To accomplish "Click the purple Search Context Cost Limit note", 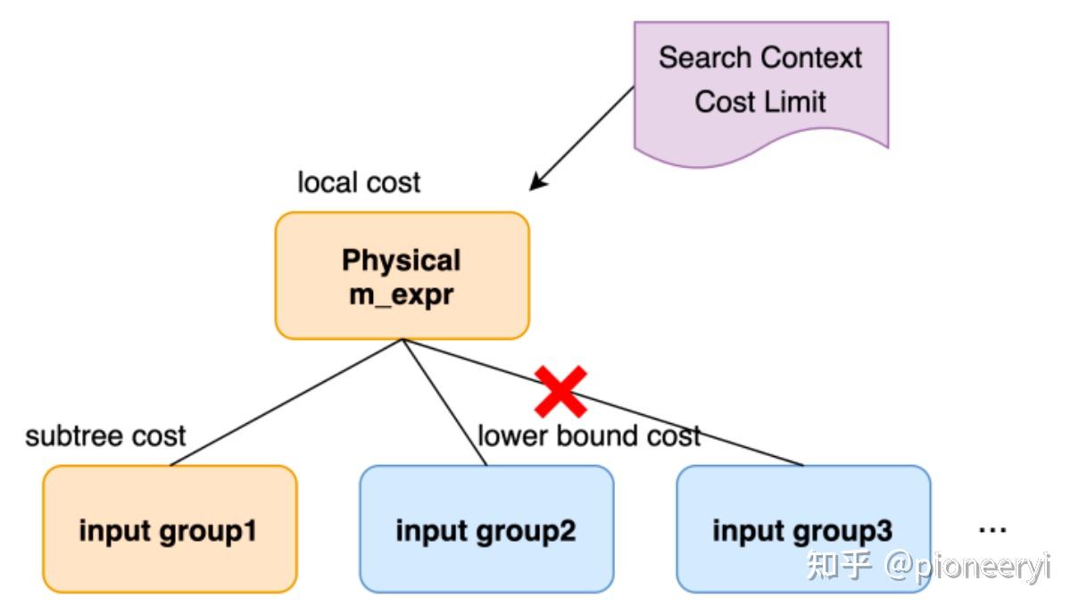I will pos(760,89).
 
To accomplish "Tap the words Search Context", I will pos(760,58).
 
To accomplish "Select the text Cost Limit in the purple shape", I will pos(760,102).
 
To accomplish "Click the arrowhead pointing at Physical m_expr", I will pos(536,185).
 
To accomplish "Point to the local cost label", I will pos(358,183).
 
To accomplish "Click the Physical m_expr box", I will pos(402,276).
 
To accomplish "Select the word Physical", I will pos(402,261).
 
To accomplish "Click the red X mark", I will pos(560,391).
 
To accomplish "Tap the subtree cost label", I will pos(105,436).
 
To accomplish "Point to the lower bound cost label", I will pos(589,436).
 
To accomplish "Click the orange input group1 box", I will pos(170,529).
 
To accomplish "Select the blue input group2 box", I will pos(486,529).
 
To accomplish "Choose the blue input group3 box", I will pos(803,529).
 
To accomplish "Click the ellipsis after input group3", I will pos(992,530).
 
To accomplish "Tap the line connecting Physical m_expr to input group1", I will pos(286,402).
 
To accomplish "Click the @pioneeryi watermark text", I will pos(967,566).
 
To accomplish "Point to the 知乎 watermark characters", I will pos(838,566).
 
